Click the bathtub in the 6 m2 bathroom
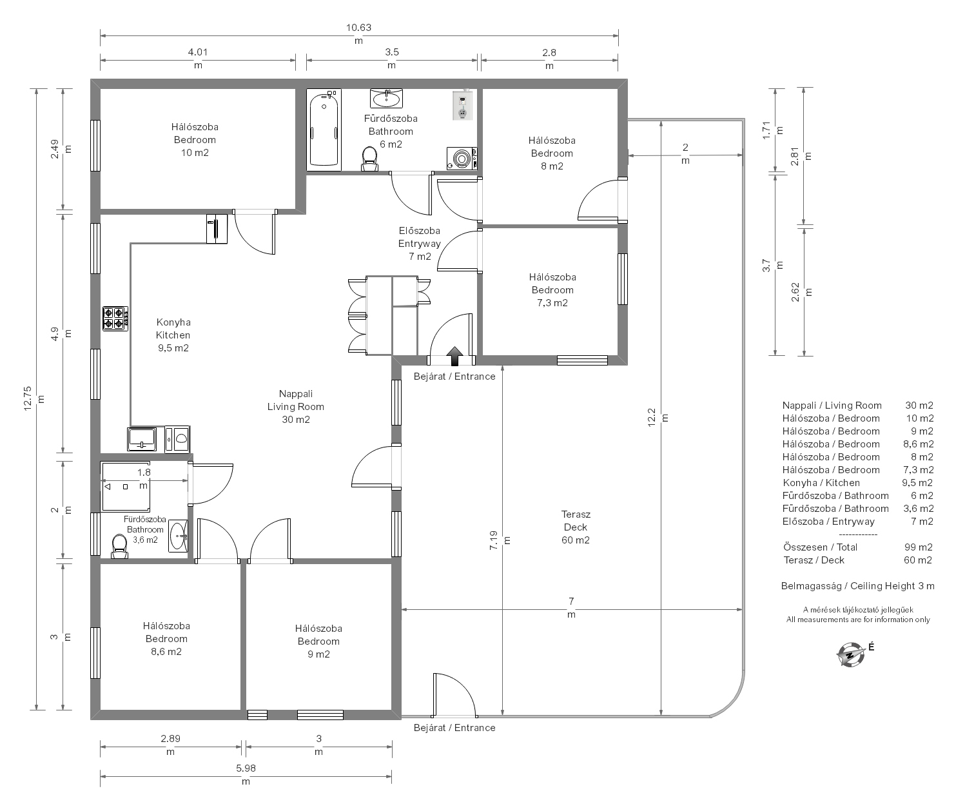pos(324,130)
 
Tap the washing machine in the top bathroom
pos(462,159)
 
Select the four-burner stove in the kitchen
pos(115,318)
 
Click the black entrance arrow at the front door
pos(454,356)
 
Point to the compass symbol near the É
pos(850,654)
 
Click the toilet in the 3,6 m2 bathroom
pos(120,547)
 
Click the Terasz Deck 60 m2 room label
pos(576,527)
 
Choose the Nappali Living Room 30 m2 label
pos(296,407)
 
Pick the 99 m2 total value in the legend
pos(919,547)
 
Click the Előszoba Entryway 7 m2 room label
pos(420,244)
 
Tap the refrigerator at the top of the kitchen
pos(217,229)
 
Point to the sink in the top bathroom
pos(386,99)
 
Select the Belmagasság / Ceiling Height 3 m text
pos(858,586)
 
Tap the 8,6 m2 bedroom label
pos(166,639)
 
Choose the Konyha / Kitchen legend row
pos(858,483)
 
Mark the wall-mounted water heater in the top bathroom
pos(462,106)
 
